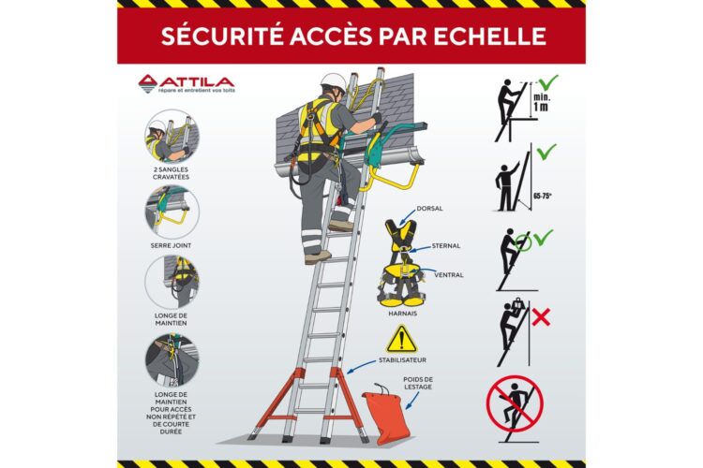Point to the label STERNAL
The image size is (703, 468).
447,245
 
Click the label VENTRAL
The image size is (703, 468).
448,275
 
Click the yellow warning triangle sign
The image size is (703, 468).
401,339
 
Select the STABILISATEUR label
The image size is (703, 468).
406,359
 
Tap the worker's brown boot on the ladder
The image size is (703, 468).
317,255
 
